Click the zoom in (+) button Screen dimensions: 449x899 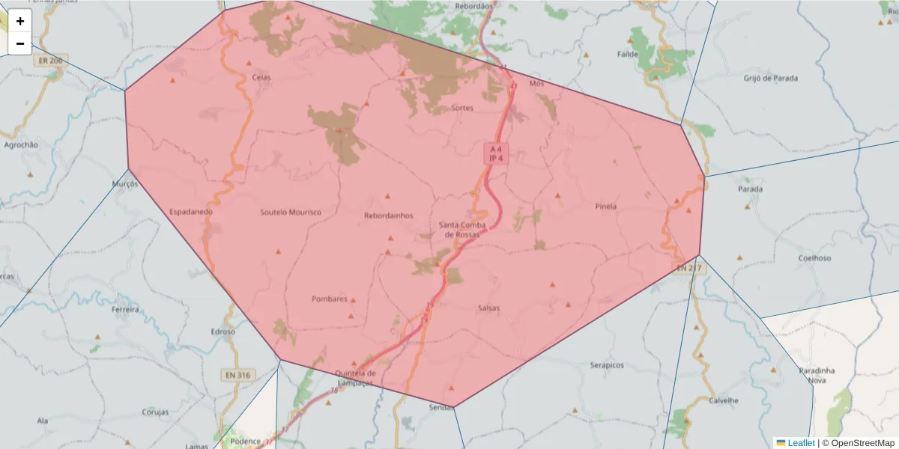(20, 21)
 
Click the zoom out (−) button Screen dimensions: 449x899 (20, 43)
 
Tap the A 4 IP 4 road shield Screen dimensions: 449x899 (495, 154)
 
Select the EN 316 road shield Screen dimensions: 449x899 (239, 374)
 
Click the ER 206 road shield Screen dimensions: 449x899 (50, 59)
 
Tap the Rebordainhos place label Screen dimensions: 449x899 (388, 216)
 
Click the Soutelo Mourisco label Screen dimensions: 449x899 (291, 213)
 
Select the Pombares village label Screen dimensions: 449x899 (330, 299)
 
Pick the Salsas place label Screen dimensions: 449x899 (488, 308)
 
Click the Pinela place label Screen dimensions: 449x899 (605, 207)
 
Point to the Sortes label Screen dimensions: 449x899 (462, 108)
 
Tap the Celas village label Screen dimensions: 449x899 (261, 77)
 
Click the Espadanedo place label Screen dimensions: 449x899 (191, 212)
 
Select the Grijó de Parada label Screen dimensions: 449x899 (771, 78)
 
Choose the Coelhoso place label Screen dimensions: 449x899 (814, 258)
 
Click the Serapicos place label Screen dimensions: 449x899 (607, 365)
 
